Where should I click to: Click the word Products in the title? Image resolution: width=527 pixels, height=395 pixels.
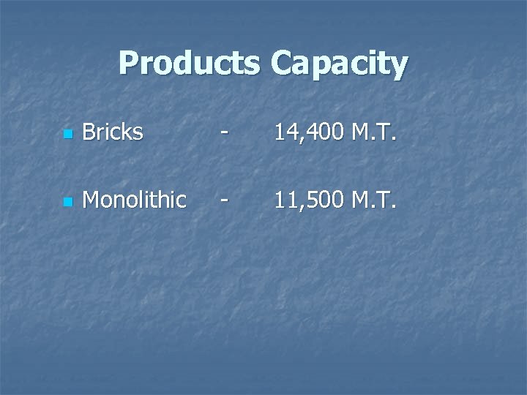[x=189, y=64]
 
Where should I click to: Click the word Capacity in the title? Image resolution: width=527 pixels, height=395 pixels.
[x=339, y=64]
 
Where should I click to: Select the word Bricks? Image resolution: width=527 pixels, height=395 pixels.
[x=113, y=132]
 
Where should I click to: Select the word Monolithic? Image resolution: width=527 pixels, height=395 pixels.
[x=135, y=200]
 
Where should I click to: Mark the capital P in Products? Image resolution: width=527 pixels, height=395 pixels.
[x=129, y=64]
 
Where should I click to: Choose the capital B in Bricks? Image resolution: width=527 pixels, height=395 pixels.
[x=90, y=132]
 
